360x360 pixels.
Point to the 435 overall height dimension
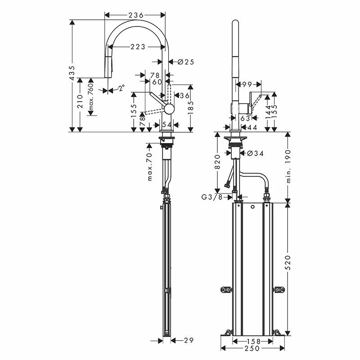tap(72, 74)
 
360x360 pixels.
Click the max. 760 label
tap(90, 98)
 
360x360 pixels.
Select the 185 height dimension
tap(190, 108)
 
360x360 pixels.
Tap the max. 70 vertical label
tap(149, 167)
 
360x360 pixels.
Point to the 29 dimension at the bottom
tap(189, 340)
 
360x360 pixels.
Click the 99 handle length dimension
tap(246, 84)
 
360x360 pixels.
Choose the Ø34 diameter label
tap(255, 153)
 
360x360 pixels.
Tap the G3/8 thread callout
tap(212, 197)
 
